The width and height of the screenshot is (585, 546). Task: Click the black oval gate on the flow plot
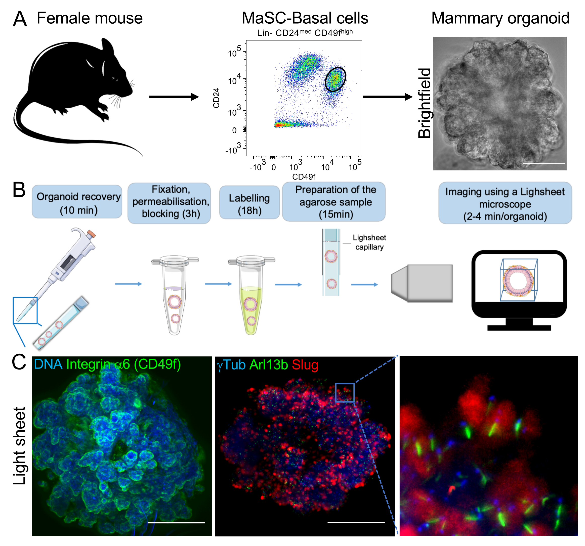pyautogui.click(x=336, y=79)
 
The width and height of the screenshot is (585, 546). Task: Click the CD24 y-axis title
pyautogui.click(x=216, y=98)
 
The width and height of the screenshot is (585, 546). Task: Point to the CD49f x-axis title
pyautogui.click(x=303, y=177)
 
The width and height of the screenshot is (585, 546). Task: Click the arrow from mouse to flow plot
pyautogui.click(x=174, y=97)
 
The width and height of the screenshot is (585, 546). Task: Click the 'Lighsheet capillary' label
pyautogui.click(x=369, y=242)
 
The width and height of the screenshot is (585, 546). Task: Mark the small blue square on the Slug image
pyautogui.click(x=345, y=392)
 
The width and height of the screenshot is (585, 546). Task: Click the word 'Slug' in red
pyautogui.click(x=305, y=365)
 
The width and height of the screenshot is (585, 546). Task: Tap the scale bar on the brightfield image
pyautogui.click(x=544, y=163)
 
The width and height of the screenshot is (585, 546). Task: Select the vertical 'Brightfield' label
pyautogui.click(x=424, y=103)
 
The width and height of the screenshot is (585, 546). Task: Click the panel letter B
pyautogui.click(x=19, y=190)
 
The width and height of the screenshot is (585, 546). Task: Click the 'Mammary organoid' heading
pyautogui.click(x=500, y=18)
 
